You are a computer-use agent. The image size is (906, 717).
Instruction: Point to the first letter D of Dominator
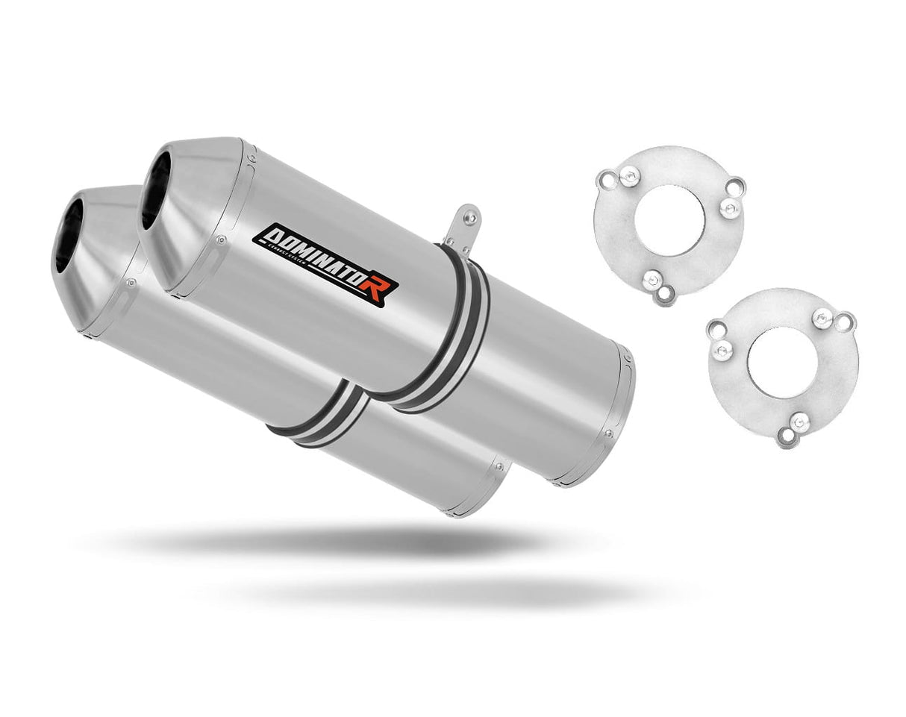pyautogui.click(x=267, y=237)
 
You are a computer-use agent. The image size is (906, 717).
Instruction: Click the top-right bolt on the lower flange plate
pyautogui.click(x=823, y=317)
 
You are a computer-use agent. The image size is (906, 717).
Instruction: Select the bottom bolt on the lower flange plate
pyautogui.click(x=799, y=423)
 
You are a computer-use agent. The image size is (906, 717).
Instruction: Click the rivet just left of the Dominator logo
pyautogui.click(x=221, y=239)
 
